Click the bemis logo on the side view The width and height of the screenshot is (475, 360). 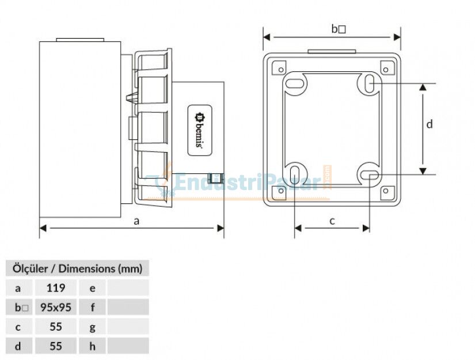click(x=199, y=131)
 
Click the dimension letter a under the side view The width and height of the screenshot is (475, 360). click(x=136, y=220)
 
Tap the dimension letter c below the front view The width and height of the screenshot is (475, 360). click(x=332, y=221)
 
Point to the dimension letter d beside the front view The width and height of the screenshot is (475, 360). click(x=429, y=124)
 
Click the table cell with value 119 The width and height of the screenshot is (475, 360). click(x=56, y=287)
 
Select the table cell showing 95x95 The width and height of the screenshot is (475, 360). click(x=56, y=307)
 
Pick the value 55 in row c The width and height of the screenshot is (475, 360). click(x=56, y=327)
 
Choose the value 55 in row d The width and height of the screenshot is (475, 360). click(x=56, y=346)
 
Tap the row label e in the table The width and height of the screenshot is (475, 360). click(x=93, y=287)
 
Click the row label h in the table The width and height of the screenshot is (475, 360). click(x=93, y=346)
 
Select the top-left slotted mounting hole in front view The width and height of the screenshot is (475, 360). click(x=295, y=84)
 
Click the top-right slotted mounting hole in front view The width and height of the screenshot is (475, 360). click(x=369, y=84)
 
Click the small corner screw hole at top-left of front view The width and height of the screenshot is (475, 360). click(x=280, y=69)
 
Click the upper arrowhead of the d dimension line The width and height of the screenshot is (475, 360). click(x=423, y=87)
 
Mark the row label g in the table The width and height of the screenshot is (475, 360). click(x=93, y=327)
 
